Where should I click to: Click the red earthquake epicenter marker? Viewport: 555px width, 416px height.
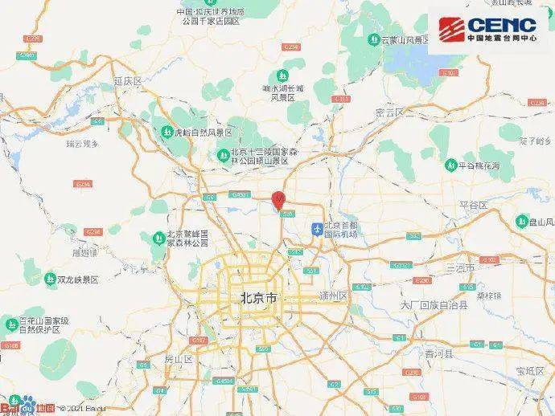click(279, 198)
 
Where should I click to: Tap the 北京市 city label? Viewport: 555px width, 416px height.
click(260, 298)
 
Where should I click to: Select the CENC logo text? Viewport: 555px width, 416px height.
click(500, 25)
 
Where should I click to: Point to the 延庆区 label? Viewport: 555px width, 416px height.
click(127, 81)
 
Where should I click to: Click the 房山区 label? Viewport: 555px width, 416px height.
click(178, 359)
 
